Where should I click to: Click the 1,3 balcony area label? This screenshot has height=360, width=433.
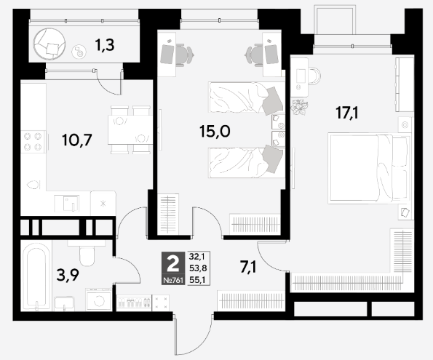tap(104, 45)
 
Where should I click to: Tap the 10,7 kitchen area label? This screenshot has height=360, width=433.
tap(77, 140)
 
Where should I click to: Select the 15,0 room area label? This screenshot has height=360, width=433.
tap(215, 131)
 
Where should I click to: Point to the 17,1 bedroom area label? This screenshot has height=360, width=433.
tap(347, 113)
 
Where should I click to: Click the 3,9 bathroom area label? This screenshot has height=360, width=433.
tap(68, 275)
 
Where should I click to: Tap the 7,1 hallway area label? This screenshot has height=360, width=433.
tap(248, 267)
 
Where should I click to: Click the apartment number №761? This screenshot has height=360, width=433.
tap(173, 281)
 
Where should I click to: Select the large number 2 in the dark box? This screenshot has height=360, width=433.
tap(173, 264)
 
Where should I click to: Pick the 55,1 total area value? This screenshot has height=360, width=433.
tap(198, 280)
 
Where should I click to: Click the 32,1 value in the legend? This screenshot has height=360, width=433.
tap(197, 257)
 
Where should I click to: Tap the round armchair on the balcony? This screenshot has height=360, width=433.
tap(49, 44)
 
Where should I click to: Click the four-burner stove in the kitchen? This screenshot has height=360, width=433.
tap(33, 142)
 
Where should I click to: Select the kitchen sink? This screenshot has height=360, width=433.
tap(67, 203)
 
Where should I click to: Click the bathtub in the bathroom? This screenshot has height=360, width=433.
tap(36, 276)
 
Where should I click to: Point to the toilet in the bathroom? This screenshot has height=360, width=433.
tap(87, 252)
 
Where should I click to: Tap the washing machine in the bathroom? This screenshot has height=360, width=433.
tap(98, 299)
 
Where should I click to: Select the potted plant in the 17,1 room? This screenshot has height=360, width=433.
tap(299, 107)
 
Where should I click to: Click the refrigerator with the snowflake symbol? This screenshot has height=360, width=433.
tap(103, 204)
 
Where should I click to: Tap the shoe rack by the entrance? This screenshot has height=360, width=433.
tap(134, 303)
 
